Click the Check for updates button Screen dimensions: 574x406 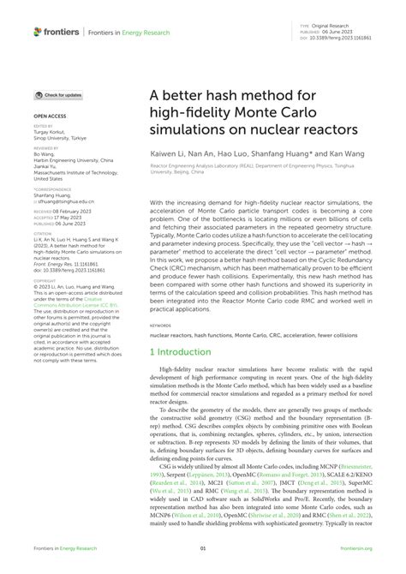[x=59, y=95]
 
